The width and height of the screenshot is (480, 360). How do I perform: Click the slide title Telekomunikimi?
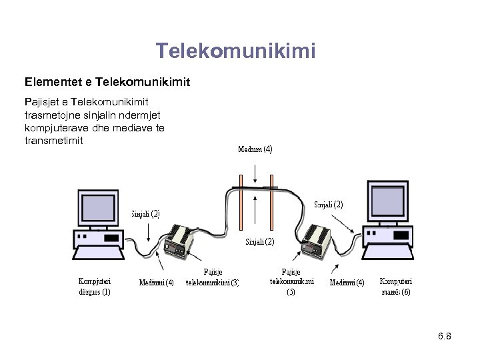click(235, 51)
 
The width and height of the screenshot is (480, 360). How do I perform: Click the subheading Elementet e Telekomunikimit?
click(107, 83)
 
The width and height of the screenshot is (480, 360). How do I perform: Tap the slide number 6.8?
click(445, 336)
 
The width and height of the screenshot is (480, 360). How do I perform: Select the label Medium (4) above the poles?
click(255, 149)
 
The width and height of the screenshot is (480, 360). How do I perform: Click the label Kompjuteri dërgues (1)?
click(95, 286)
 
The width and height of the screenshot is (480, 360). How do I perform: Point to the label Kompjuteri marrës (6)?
click(396, 286)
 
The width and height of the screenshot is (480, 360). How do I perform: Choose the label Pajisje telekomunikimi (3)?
click(212, 277)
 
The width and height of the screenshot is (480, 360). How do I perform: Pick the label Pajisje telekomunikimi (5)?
click(291, 281)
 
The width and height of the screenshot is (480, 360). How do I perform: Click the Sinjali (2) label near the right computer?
click(329, 205)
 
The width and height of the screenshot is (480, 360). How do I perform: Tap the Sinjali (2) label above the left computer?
click(145, 214)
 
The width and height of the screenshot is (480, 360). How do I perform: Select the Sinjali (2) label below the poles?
click(259, 241)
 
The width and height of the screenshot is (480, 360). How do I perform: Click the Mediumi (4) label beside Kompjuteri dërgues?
click(156, 282)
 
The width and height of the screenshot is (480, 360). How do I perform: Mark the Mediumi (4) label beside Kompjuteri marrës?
click(347, 282)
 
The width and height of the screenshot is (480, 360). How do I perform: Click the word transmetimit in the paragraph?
click(53, 141)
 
